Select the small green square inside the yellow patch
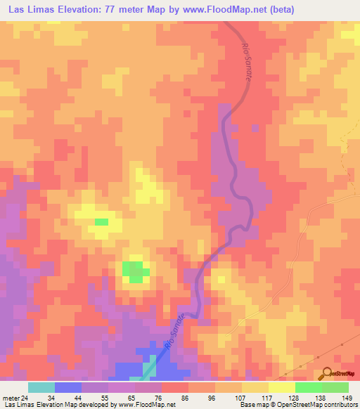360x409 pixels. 102,222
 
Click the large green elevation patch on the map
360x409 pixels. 134,270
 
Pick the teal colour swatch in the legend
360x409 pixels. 41,387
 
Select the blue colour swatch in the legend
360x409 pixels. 68,387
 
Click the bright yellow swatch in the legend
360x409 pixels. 282,387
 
